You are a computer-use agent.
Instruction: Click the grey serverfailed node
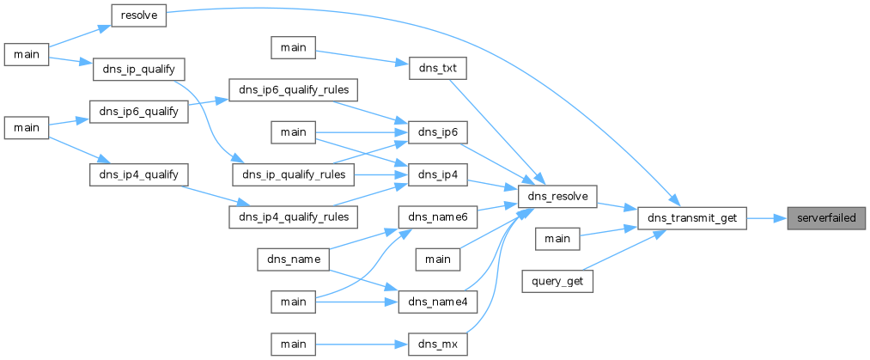[x=826, y=218]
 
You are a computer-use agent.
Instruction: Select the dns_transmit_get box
[x=692, y=218]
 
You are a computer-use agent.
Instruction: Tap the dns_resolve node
[x=557, y=197]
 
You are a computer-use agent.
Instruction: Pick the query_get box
[x=557, y=282]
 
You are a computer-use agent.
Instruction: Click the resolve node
[x=139, y=16]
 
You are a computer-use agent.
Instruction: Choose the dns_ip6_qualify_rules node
[x=293, y=89]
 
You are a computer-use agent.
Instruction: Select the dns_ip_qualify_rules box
[x=293, y=175]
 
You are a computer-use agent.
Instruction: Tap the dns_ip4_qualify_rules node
[x=293, y=217]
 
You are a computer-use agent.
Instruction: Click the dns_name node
[x=294, y=259]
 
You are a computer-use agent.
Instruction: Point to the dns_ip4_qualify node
[x=139, y=174]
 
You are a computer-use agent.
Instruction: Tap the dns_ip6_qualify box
[x=139, y=112]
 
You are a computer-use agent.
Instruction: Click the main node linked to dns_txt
[x=294, y=48]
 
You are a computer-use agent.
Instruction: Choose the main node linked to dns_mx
[x=294, y=345]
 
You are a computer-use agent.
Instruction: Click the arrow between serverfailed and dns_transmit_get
[x=767, y=218]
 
